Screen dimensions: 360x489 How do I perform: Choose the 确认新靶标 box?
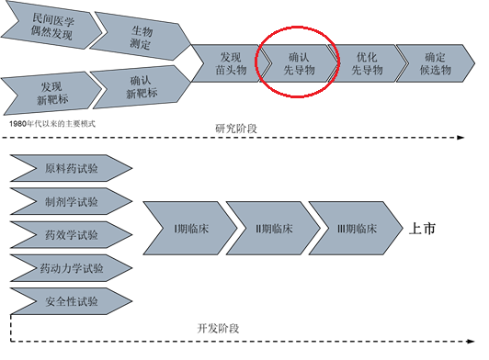coord(138,88)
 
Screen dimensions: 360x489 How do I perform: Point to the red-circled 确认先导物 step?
coord(299,62)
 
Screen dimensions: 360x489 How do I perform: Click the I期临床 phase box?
coord(184,229)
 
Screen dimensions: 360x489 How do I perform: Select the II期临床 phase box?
coord(267,229)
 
